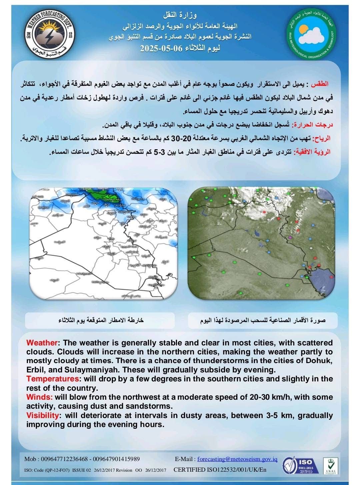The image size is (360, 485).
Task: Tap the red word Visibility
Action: (x=43, y=415)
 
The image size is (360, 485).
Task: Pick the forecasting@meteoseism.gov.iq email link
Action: (x=237, y=459)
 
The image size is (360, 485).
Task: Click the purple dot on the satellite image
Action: (x=290, y=237)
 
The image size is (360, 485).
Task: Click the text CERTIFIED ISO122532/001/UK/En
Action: (x=220, y=470)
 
